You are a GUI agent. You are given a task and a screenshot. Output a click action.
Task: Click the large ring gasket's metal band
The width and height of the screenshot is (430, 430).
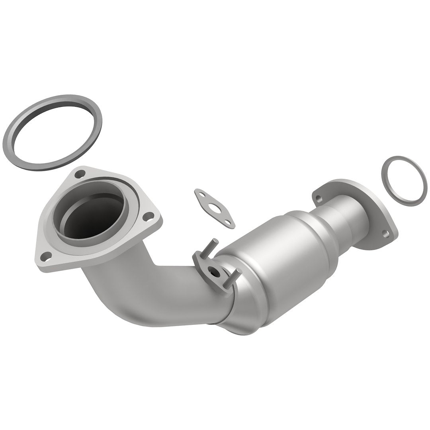(24, 119)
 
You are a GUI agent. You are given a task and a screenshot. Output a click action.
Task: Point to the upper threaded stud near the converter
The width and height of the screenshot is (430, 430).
(214, 244)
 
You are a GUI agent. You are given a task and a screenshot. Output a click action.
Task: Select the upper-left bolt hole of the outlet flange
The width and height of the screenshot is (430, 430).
(318, 196)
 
